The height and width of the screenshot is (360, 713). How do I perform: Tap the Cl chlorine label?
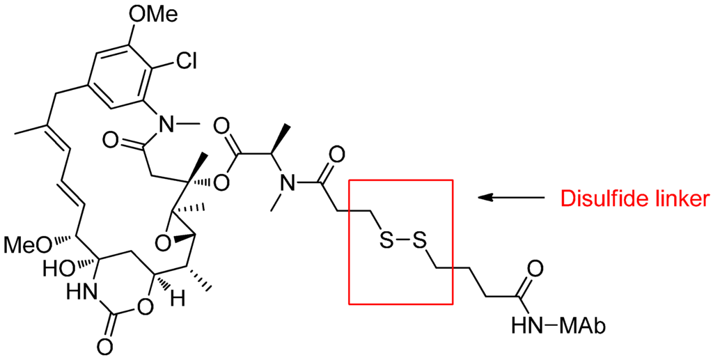click(x=185, y=61)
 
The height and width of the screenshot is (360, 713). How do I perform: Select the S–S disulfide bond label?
click(x=402, y=242)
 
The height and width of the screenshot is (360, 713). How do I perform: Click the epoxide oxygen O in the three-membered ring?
click(x=163, y=242)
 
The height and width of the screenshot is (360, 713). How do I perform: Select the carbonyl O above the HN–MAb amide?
click(x=535, y=267)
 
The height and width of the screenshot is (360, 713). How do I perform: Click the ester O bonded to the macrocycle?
click(x=222, y=183)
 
